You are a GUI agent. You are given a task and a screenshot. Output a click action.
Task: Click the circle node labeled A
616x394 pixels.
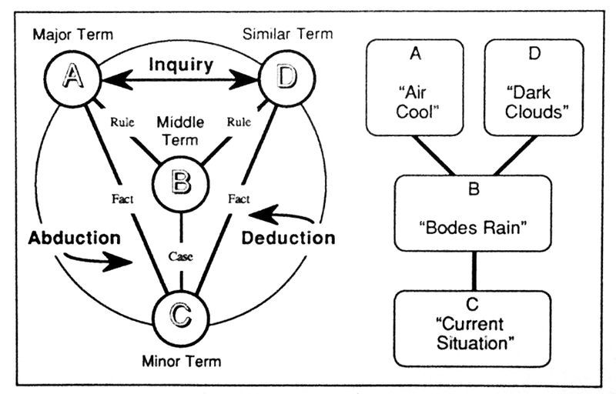[73, 78]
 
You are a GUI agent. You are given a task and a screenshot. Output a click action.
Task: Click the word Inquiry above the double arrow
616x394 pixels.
[181, 63]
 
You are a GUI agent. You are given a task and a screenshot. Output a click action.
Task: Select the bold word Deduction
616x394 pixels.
[288, 237]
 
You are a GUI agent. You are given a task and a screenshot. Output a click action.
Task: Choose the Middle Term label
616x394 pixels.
[179, 131]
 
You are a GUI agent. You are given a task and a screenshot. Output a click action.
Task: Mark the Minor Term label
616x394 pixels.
[182, 360]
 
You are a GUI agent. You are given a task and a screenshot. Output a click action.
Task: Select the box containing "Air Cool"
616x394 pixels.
[414, 88]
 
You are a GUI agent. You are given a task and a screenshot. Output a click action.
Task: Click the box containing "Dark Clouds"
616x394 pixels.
[534, 88]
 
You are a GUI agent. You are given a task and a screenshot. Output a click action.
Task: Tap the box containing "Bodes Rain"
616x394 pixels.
[473, 213]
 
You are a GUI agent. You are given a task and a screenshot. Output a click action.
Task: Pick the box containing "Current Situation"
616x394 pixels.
[473, 328]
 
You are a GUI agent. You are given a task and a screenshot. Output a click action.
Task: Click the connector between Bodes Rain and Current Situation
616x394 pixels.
[473, 270]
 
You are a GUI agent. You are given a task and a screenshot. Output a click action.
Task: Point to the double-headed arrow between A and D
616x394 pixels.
[181, 78]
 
